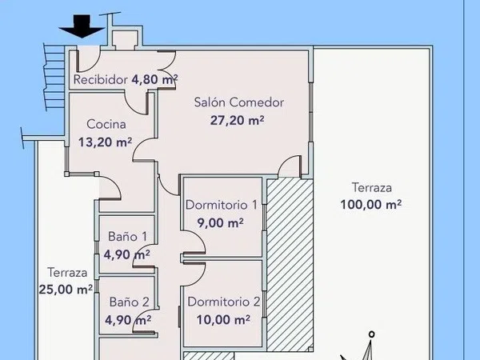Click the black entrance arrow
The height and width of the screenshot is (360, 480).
[82, 26]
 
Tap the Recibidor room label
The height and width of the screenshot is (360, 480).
[101, 80]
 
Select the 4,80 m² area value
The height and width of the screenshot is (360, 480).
[154, 79]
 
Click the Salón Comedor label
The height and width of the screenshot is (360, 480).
[239, 102]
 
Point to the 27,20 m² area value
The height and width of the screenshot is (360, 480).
[237, 120]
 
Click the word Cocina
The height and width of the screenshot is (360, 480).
[106, 124]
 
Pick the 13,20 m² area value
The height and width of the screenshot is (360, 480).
[105, 142]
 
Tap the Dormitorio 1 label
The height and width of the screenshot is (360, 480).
[222, 205]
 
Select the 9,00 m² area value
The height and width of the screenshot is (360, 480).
[221, 223]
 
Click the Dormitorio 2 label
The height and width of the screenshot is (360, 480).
[224, 302]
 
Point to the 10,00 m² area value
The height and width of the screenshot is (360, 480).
[223, 320]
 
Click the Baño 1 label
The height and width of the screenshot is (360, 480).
[127, 237]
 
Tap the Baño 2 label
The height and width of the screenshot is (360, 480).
[129, 302]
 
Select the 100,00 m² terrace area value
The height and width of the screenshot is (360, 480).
[370, 205]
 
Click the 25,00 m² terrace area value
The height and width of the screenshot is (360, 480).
[66, 290]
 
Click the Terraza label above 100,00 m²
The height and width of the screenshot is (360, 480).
[372, 188]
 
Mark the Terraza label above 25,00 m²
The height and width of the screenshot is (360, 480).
[67, 273]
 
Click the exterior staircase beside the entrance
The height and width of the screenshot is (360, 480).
[54, 77]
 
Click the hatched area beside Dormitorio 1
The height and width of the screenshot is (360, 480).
[290, 265]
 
